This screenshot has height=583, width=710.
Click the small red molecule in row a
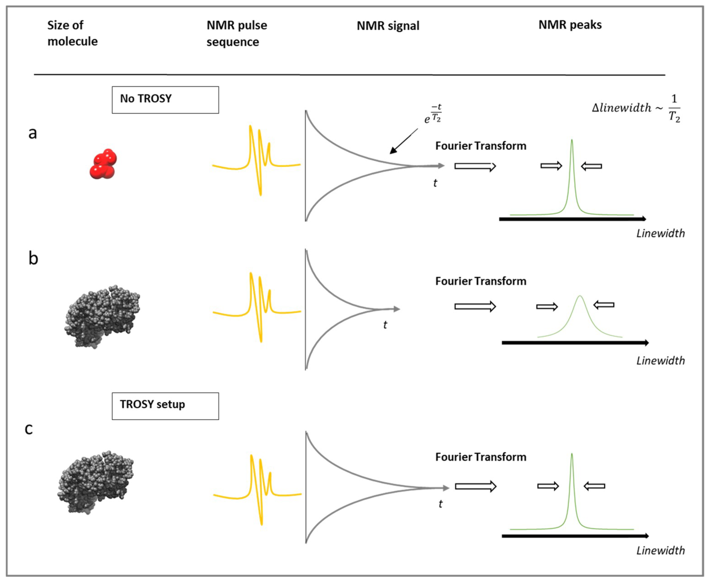click(103, 164)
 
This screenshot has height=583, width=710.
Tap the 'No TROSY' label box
click(165, 100)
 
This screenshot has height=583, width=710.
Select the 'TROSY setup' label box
click(165, 406)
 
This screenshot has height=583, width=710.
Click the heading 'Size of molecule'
click(72, 33)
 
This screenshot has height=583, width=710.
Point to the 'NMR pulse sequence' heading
click(236, 33)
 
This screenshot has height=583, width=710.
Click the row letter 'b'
click(33, 258)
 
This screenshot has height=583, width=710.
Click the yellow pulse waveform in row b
click(257, 307)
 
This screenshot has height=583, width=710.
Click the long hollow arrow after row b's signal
click(475, 306)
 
